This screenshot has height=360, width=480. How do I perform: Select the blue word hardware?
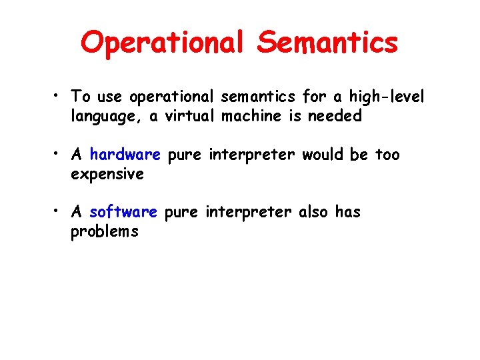[125, 155]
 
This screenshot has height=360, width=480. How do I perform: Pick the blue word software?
[123, 212]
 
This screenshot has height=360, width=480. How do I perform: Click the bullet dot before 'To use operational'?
[59, 97]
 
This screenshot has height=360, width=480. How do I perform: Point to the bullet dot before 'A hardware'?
[59, 155]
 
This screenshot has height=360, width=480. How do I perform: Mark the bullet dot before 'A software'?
[59, 213]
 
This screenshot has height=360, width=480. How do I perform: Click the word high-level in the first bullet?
[386, 97]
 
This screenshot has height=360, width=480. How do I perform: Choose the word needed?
[334, 116]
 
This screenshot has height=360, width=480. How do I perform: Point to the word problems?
[104, 232]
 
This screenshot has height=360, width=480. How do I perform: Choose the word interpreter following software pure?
[249, 212]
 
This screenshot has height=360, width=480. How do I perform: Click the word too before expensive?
[388, 155]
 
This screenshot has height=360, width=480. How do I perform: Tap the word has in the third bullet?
[347, 212]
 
